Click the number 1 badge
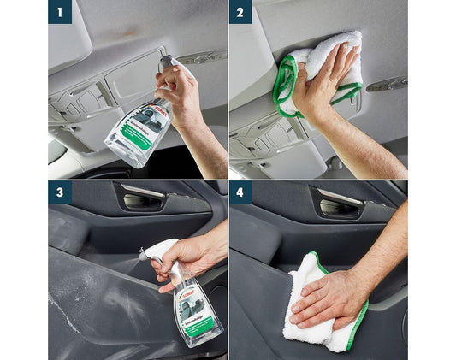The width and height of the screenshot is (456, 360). pyautogui.click(x=60, y=12)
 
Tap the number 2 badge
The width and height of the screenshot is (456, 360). pyautogui.click(x=240, y=12)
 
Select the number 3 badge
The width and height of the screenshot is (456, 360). pyautogui.click(x=60, y=192)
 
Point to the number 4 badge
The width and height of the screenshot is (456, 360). pyautogui.click(x=240, y=192)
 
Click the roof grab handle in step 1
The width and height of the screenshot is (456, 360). pyautogui.click(x=202, y=58)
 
